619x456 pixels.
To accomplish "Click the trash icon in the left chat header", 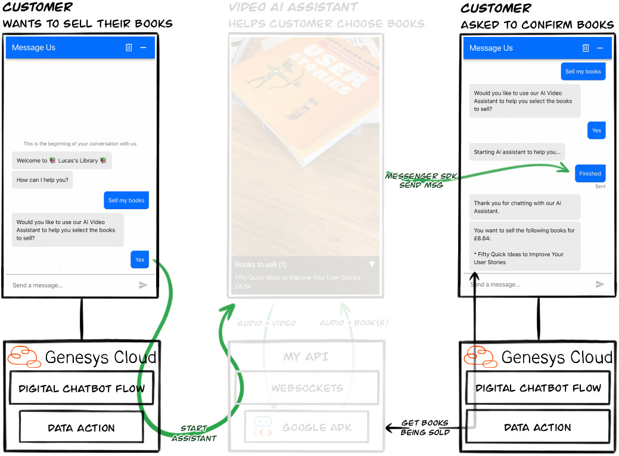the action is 129,48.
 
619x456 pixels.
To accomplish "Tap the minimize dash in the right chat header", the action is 600,48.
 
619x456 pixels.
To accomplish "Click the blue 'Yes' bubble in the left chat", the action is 139,259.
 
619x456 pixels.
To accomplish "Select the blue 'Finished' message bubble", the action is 590,173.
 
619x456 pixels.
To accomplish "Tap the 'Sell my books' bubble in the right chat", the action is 583,72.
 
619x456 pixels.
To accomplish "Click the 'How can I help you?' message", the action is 42,179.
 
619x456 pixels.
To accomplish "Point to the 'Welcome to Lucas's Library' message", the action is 61,160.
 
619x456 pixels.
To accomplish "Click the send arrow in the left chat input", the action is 143,285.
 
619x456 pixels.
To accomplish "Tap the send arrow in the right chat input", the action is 600,284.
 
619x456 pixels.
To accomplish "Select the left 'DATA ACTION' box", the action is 81,427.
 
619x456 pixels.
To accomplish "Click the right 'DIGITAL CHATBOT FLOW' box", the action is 537,388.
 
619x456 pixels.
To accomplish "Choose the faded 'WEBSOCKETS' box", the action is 307,388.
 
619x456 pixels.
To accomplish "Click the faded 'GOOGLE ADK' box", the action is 307,427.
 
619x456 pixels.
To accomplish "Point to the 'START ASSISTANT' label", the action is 194,433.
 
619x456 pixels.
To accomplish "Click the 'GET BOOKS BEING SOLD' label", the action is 425,427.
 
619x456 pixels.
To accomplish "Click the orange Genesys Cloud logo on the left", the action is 24,356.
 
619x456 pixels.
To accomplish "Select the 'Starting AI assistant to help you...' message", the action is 517,152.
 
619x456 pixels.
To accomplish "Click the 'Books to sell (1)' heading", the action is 261,264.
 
